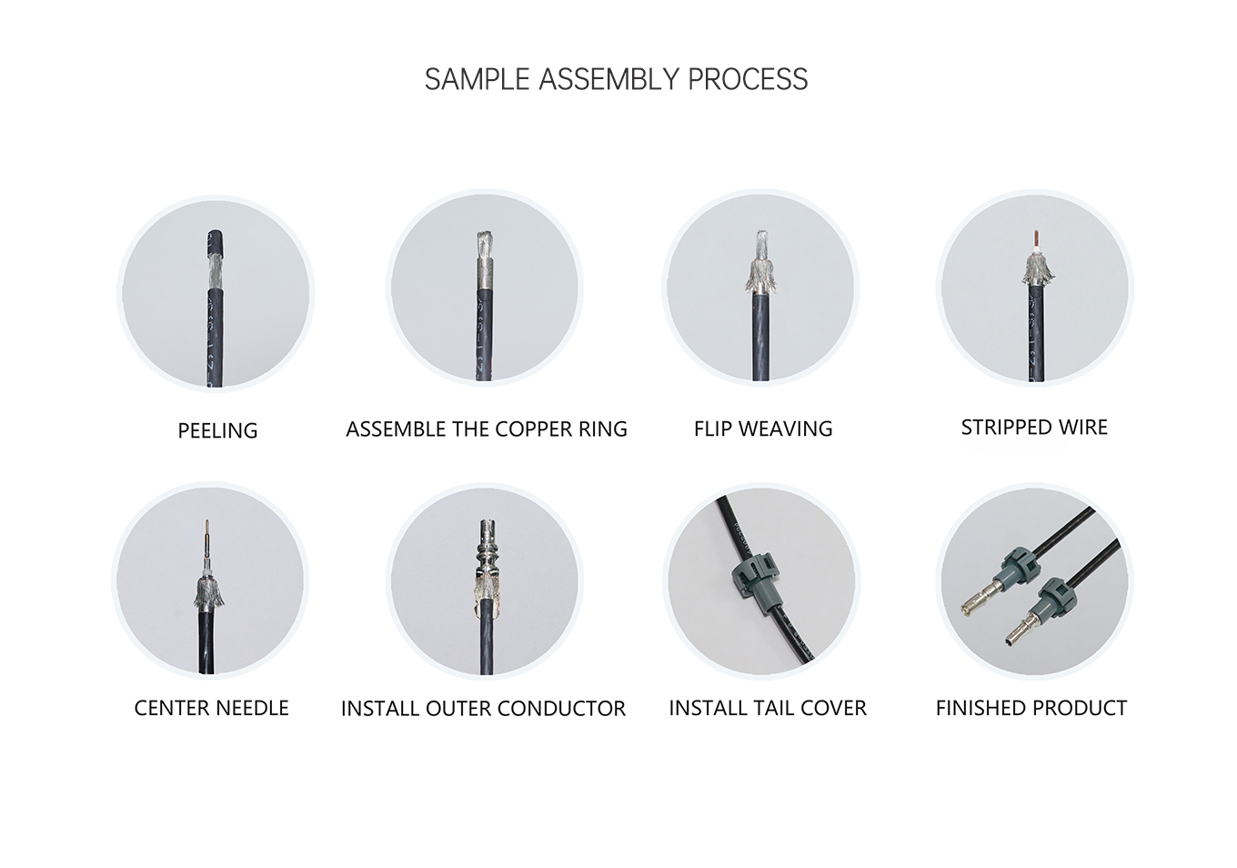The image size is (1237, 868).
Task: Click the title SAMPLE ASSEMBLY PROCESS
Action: coord(616,79)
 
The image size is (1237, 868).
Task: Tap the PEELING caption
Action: coord(217,430)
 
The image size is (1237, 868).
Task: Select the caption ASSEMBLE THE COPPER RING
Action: coord(486,429)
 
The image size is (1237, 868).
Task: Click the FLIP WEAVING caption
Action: coord(762,429)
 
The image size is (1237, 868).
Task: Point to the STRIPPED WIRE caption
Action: coord(1034,428)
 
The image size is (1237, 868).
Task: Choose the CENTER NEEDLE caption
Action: coord(211,708)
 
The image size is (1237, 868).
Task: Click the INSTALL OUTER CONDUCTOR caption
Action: coord(483,709)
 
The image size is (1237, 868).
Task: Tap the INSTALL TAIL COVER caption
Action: coord(767,708)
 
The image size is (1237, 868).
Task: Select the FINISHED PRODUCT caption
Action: coord(1031,708)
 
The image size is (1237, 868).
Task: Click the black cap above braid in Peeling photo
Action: coord(216,242)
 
